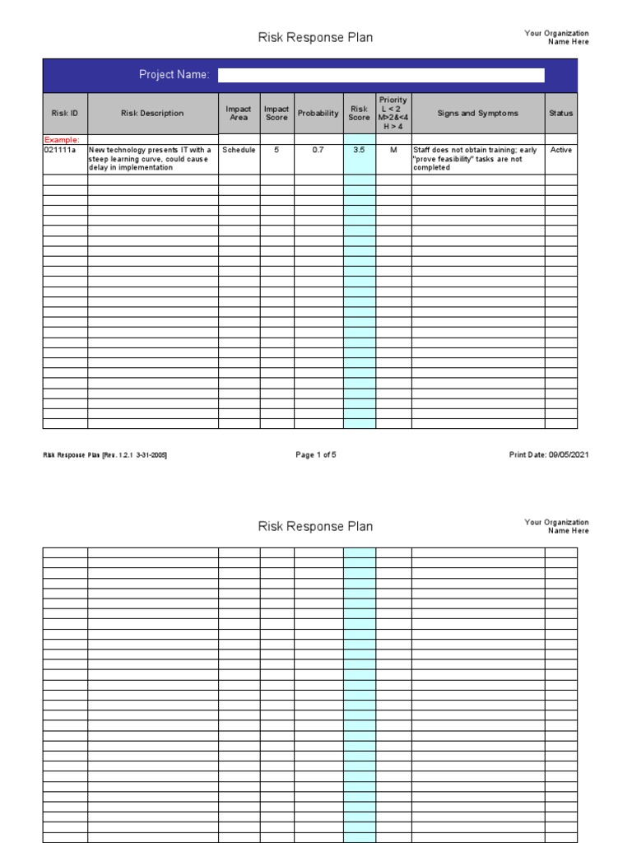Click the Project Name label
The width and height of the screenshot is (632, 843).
pyautogui.click(x=174, y=75)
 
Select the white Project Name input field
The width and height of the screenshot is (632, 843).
pyautogui.click(x=381, y=75)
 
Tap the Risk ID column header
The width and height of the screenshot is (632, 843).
pyautogui.click(x=65, y=114)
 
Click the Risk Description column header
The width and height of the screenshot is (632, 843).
pyautogui.click(x=152, y=114)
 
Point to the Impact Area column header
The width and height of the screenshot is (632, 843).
pyautogui.click(x=239, y=114)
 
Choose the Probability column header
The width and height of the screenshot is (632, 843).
pyautogui.click(x=318, y=114)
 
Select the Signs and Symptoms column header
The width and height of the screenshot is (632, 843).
pyautogui.click(x=477, y=114)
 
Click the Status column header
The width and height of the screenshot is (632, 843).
pyautogui.click(x=561, y=114)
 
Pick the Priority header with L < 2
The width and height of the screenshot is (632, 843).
pyautogui.click(x=393, y=113)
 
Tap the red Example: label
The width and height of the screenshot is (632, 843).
pyautogui.click(x=62, y=141)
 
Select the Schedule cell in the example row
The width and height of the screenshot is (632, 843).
pyautogui.click(x=239, y=151)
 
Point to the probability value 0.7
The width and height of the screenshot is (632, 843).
pyautogui.click(x=318, y=151)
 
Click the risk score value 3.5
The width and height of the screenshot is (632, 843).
pyautogui.click(x=360, y=151)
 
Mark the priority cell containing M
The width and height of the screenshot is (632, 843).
pyautogui.click(x=393, y=151)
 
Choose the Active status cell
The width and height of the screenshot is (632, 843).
pyautogui.click(x=561, y=151)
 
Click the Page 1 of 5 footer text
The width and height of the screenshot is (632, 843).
pyautogui.click(x=316, y=454)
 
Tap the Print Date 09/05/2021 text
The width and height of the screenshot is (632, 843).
pyautogui.click(x=549, y=454)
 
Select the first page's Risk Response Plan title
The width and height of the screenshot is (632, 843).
pyautogui.click(x=315, y=38)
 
